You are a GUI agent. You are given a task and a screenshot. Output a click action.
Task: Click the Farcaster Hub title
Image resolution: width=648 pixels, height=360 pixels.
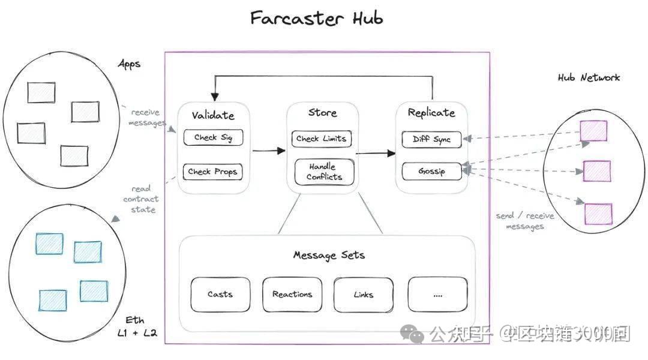click(316, 19)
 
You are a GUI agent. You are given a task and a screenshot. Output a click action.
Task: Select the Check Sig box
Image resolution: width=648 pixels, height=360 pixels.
click(213, 138)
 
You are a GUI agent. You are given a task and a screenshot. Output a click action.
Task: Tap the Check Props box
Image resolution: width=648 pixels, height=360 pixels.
click(213, 172)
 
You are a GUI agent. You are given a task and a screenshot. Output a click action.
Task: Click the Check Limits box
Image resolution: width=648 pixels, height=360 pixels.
click(321, 139)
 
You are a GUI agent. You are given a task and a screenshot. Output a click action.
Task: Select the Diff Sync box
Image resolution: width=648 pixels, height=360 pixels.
click(432, 139)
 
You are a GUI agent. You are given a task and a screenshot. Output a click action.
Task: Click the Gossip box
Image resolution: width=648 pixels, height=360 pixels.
click(432, 171)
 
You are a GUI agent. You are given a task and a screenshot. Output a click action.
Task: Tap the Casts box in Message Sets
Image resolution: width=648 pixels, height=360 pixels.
click(220, 295)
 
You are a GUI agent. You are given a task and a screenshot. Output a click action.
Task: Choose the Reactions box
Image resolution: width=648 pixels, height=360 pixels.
click(292, 295)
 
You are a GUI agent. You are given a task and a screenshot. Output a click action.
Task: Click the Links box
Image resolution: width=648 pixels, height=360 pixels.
click(363, 295)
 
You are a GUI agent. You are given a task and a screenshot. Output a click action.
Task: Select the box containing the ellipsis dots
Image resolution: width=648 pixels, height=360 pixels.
click(437, 295)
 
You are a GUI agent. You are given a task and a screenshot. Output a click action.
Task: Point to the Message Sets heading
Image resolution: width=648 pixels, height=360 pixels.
click(328, 255)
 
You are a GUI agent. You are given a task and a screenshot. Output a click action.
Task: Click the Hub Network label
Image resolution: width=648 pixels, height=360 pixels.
click(589, 77)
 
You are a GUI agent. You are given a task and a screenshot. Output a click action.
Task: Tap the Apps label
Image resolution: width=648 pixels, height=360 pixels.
click(129, 64)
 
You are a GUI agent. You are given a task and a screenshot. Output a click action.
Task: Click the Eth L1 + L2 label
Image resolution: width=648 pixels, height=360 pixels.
click(136, 326)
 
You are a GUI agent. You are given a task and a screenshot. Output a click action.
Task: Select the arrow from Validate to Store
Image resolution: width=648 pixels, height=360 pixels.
click(268, 151)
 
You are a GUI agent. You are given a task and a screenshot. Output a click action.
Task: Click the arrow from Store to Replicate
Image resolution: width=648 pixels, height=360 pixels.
click(376, 154)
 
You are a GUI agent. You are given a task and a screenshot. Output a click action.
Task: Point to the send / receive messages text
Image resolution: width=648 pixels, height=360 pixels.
click(525, 221)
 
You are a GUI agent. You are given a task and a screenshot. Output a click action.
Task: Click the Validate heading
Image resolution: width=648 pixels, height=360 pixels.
click(213, 115)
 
